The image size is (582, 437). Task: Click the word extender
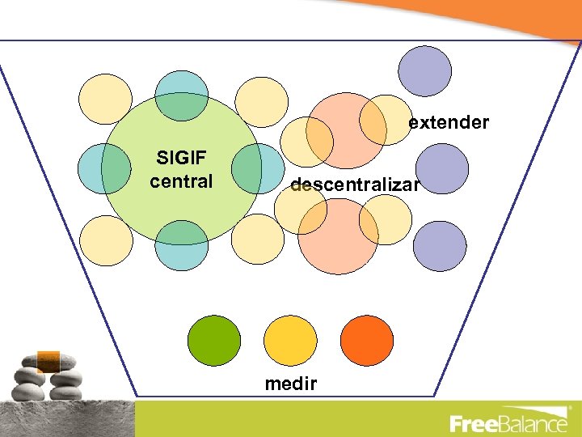pyautogui.click(x=449, y=123)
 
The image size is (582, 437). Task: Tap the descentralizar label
pyautogui.click(x=355, y=185)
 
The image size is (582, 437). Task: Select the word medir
pyautogui.click(x=291, y=384)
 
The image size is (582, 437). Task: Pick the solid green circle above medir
pyautogui.click(x=214, y=340)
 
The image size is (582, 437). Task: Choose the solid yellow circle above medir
pyautogui.click(x=291, y=340)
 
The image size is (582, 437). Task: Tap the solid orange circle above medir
pyautogui.click(x=367, y=340)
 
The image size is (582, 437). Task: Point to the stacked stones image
pyautogui.click(x=48, y=376)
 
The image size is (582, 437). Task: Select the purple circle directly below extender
pyautogui.click(x=441, y=168)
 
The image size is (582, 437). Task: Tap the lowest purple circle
pyautogui.click(x=441, y=246)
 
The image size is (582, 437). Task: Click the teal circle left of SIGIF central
pyautogui.click(x=104, y=168)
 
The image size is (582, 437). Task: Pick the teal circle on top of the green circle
pyautogui.click(x=181, y=95)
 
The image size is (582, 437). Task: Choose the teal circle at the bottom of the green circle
pyautogui.click(x=181, y=244)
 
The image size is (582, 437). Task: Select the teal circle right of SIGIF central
pyautogui.click(x=257, y=168)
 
